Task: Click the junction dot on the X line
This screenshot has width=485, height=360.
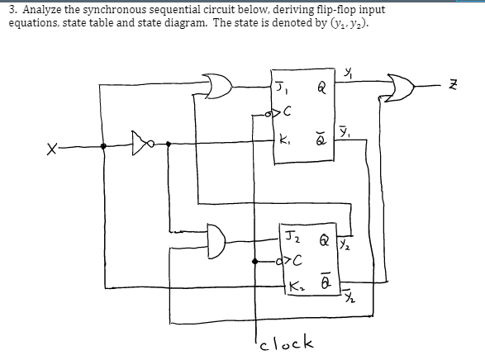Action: tap(103, 145)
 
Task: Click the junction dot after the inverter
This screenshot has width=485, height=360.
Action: tap(169, 145)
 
